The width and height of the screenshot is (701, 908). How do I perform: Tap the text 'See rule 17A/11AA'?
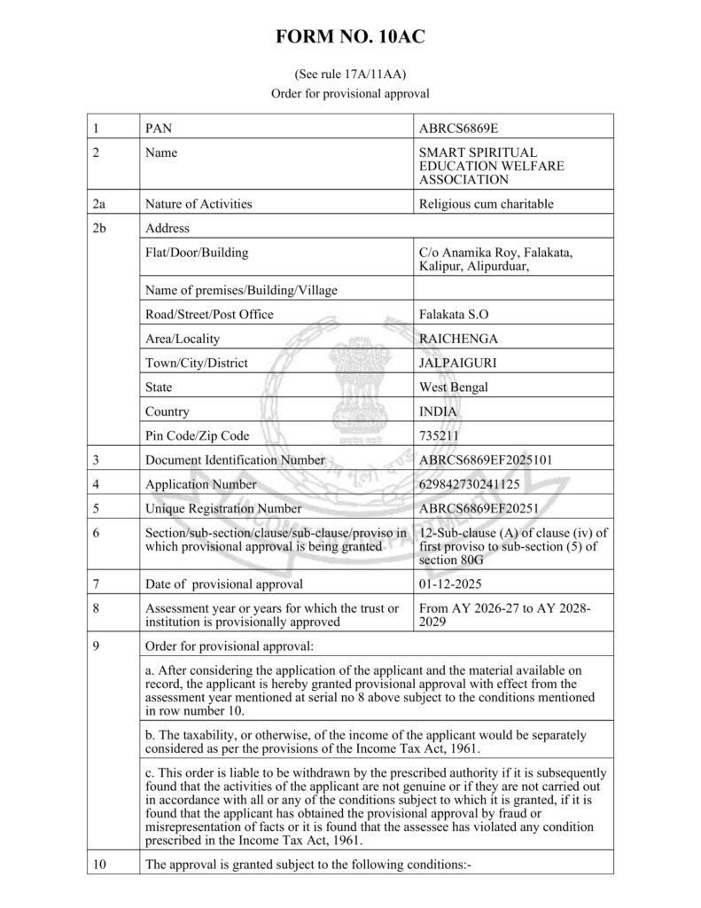pyautogui.click(x=350, y=74)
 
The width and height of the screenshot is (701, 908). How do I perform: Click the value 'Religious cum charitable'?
pyautogui.click(x=486, y=204)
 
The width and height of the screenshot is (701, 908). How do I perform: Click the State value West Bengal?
pyautogui.click(x=453, y=387)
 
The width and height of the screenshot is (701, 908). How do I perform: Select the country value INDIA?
pyautogui.click(x=437, y=411)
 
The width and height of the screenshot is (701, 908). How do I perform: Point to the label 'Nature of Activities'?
pyautogui.click(x=199, y=204)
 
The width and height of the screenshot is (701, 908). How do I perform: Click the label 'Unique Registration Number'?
pyautogui.click(x=222, y=509)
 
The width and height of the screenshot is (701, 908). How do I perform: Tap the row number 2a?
pyautogui.click(x=99, y=204)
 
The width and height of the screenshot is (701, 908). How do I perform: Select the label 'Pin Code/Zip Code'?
pyautogui.click(x=197, y=435)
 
